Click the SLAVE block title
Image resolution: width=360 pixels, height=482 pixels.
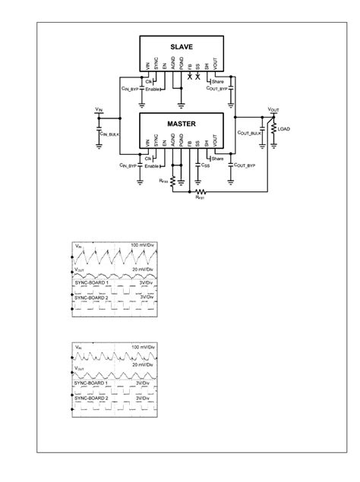click(x=181, y=48)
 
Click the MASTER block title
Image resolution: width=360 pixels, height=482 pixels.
click(x=181, y=122)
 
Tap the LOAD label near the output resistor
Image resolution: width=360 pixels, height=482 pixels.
click(x=285, y=129)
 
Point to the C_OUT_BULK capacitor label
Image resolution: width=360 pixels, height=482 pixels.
click(x=249, y=133)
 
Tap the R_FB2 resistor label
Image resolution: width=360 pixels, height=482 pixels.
click(x=163, y=181)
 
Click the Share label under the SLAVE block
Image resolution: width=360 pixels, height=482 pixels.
click(x=218, y=80)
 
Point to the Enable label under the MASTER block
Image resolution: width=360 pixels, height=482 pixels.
click(x=153, y=165)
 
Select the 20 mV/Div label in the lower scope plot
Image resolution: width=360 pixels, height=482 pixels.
click(x=144, y=365)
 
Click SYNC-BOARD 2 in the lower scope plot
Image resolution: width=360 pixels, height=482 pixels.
click(x=92, y=397)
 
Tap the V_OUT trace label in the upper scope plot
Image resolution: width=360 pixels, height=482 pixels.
click(x=81, y=269)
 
